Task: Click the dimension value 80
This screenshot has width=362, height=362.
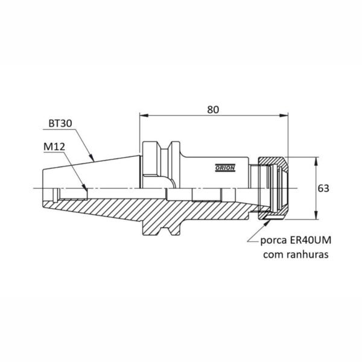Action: click(212, 110)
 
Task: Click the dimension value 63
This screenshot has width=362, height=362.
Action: click(323, 189)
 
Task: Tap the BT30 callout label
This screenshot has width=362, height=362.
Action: click(60, 124)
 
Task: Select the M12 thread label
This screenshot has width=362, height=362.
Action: click(54, 147)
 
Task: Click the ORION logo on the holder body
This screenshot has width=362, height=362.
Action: click(225, 168)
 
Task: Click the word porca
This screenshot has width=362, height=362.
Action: click(273, 241)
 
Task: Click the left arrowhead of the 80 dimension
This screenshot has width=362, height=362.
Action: click(144, 115)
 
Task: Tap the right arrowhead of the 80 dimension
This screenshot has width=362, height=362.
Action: click(284, 115)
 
